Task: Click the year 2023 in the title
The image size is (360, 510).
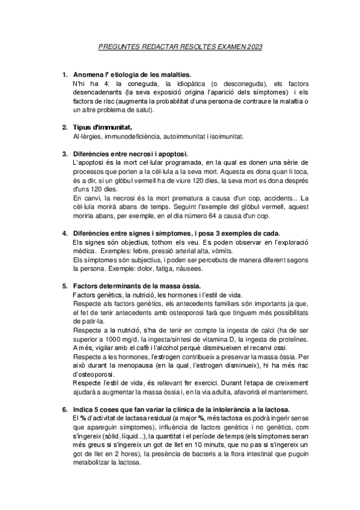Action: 254,46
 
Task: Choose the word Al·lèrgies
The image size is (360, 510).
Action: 87,137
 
